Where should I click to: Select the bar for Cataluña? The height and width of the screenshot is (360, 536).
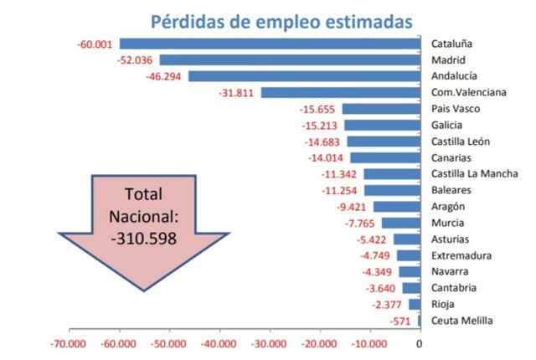point(269,44)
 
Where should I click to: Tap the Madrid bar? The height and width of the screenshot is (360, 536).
point(290,59)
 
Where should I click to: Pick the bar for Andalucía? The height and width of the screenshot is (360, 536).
point(304,76)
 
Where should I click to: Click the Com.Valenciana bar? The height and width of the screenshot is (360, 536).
point(340,92)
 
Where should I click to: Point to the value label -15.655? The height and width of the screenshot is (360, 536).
point(318,109)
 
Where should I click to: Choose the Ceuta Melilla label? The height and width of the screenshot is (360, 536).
point(461,321)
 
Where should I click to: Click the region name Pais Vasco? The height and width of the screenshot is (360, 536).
point(454,109)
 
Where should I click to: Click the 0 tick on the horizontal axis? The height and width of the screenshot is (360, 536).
point(419,343)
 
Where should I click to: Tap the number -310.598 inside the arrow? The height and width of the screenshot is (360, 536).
point(142,237)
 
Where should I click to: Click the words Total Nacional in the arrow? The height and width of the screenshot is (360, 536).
point(142,205)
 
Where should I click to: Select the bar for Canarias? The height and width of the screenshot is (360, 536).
point(384,157)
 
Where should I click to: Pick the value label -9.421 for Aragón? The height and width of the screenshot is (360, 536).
point(353,206)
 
